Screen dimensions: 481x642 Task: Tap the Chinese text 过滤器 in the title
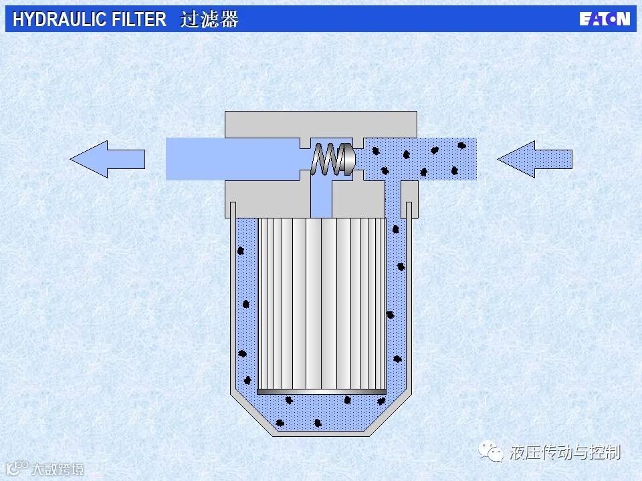(x=209, y=19)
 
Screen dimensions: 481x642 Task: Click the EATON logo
(x=604, y=19)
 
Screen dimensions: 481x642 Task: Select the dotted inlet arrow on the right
(x=534, y=159)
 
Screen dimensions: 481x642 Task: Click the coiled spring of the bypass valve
(x=326, y=160)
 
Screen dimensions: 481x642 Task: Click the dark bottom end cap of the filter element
(x=322, y=391)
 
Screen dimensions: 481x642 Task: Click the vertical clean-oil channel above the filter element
(x=322, y=198)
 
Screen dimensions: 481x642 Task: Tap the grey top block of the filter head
(x=321, y=123)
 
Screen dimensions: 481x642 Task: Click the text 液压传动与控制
(x=565, y=453)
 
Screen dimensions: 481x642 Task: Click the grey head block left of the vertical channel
(x=267, y=199)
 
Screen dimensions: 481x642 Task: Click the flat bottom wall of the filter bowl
(x=322, y=434)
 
